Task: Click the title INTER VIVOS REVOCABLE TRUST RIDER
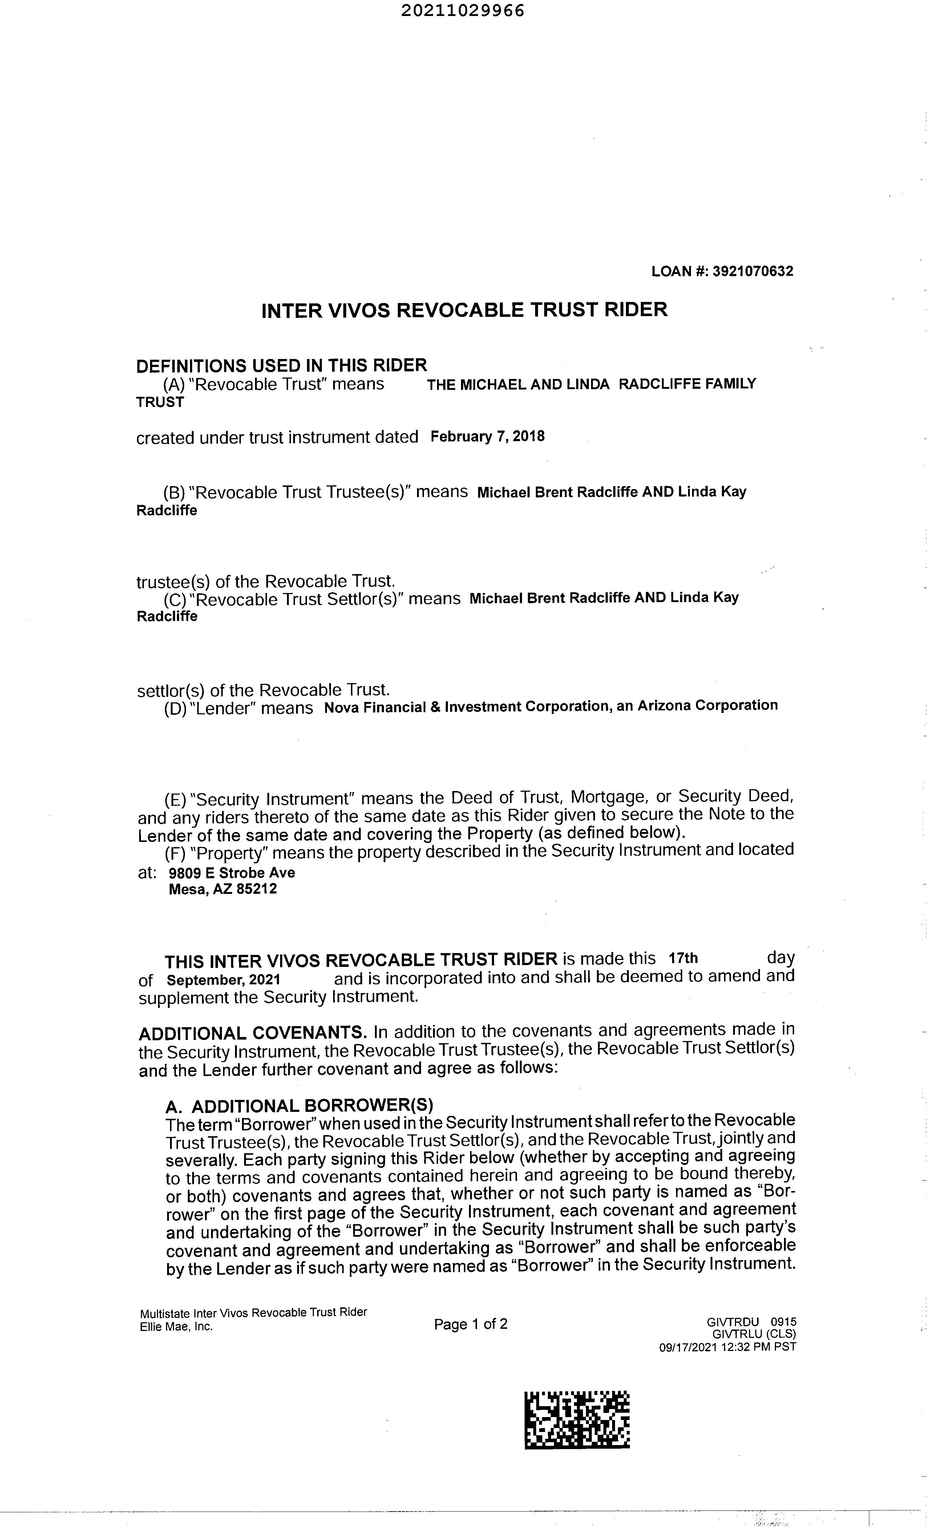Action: pos(464,310)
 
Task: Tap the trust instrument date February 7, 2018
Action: pos(487,436)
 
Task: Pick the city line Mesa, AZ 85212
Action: pos(223,889)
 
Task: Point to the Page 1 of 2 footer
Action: pos(470,1324)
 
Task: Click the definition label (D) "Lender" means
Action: pos(238,708)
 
